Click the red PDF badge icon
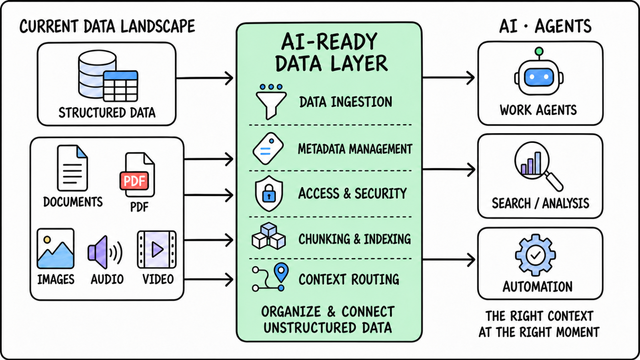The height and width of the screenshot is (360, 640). click(134, 180)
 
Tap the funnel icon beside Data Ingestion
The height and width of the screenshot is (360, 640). click(271, 102)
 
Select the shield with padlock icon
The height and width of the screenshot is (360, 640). click(269, 194)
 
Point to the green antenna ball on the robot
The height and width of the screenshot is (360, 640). click(539, 51)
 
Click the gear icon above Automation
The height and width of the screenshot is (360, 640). click(536, 255)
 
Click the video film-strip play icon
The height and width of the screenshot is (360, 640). click(156, 250)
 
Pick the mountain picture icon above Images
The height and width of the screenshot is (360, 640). click(56, 248)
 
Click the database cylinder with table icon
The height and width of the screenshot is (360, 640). click(108, 76)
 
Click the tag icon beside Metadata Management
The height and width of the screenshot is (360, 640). click(268, 148)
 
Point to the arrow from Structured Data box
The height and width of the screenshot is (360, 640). click(204, 78)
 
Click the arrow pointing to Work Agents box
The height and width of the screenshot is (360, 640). click(448, 78)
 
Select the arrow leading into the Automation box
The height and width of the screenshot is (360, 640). click(448, 260)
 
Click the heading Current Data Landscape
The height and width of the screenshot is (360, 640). click(107, 26)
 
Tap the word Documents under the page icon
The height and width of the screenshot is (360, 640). click(73, 202)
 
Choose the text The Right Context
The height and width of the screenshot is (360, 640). click(539, 316)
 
